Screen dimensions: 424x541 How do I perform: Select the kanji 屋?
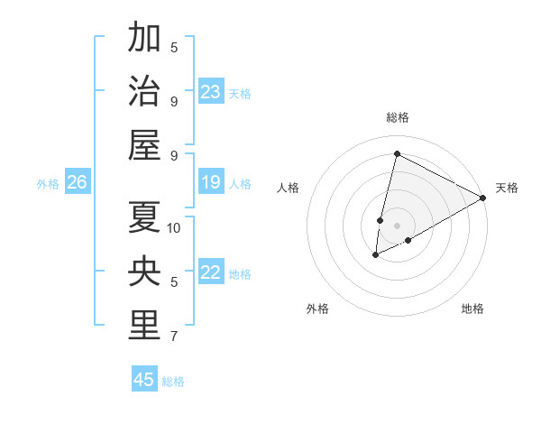(144, 145)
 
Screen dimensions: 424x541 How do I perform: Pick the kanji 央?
(144, 272)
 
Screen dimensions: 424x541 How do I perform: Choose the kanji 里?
(144, 326)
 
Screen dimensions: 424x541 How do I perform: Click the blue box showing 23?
(211, 92)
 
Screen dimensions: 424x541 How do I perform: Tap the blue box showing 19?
(211, 183)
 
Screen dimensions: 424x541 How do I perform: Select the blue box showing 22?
(211, 273)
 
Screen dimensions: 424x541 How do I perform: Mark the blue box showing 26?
(78, 183)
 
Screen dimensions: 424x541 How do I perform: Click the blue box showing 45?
(144, 380)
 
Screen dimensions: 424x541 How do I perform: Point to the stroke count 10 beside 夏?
(174, 228)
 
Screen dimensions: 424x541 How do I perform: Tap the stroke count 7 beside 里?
(174, 336)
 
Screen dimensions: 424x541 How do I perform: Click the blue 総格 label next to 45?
(173, 382)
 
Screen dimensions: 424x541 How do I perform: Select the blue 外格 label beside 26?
(48, 184)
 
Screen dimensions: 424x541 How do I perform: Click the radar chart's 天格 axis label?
(507, 188)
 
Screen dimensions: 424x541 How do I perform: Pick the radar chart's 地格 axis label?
(472, 309)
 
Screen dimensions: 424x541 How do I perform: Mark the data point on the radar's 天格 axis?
(483, 198)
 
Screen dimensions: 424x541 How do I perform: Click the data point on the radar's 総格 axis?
(397, 154)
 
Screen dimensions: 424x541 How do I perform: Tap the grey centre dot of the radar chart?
(397, 226)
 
